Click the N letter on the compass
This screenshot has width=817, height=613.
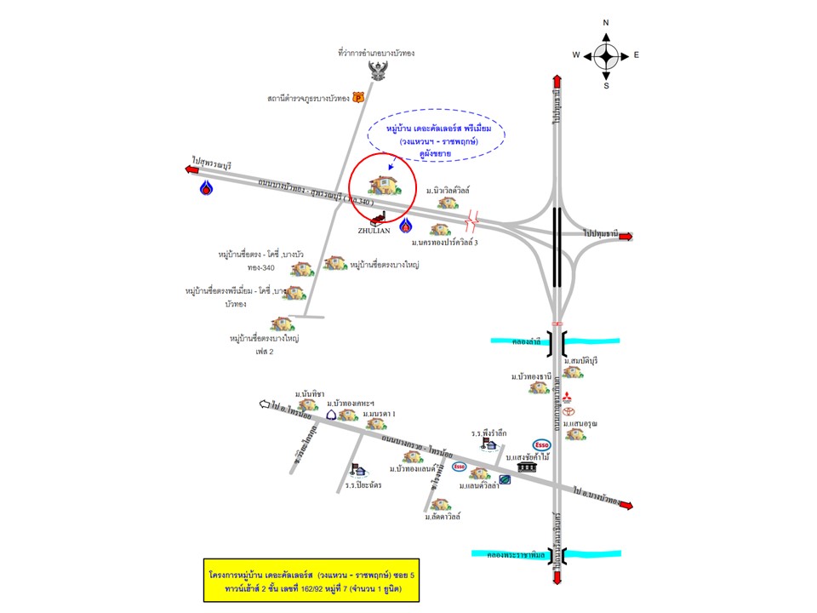(606, 23)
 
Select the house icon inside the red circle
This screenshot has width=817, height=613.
(381, 185)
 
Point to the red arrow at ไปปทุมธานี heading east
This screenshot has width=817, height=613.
(626, 236)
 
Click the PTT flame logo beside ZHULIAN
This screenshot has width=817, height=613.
(405, 224)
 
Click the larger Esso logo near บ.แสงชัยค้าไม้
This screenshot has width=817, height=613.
(541, 444)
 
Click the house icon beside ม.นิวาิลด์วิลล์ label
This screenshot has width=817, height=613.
(436, 203)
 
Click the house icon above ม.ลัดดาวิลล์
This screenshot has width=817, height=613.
(439, 504)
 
